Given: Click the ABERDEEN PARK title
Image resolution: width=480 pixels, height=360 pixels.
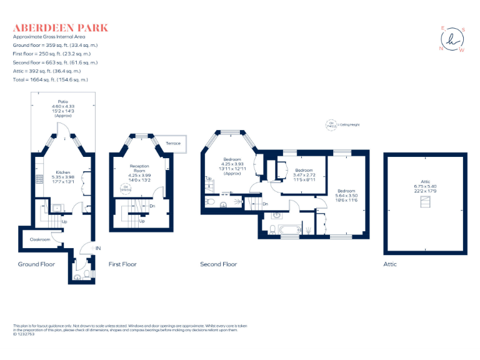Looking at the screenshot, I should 61,27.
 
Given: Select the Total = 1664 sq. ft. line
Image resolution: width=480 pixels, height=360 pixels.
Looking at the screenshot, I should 51,80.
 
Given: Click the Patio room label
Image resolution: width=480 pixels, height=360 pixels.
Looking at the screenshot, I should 63,101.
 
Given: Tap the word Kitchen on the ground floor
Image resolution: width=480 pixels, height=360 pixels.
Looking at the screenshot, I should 63,172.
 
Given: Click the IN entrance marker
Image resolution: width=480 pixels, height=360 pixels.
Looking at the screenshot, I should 97,249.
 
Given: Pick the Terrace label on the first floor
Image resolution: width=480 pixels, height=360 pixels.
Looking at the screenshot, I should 173,143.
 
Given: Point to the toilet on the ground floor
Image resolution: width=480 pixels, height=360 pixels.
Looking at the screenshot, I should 77,276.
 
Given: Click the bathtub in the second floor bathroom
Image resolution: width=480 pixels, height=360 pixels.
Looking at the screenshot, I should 290,231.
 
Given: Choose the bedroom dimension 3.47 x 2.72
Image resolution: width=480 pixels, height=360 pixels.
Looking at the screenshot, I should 304,175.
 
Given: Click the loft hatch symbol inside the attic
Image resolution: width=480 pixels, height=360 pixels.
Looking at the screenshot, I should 427,202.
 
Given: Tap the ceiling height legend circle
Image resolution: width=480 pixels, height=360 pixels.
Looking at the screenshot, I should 331,125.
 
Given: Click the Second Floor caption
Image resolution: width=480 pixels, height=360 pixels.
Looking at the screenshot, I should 218,264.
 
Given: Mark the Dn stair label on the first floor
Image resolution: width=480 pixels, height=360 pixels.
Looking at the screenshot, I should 152,206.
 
